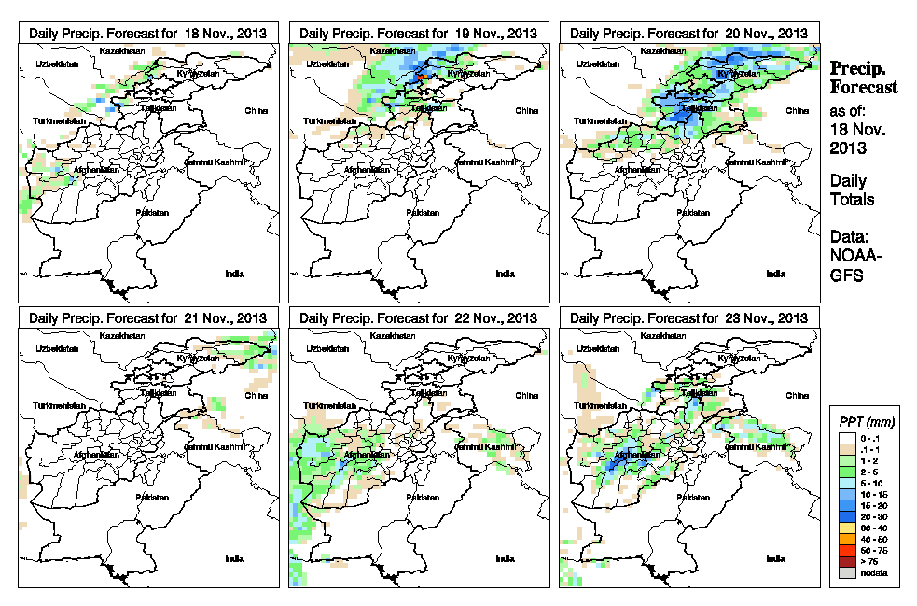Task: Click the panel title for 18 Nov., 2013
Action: click(x=148, y=33)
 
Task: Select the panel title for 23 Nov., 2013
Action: click(x=689, y=318)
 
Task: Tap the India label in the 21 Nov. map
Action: click(x=235, y=558)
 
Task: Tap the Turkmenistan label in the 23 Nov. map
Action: click(x=601, y=407)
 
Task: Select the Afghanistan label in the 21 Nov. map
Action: click(x=97, y=456)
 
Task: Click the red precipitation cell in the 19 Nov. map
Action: click(x=422, y=76)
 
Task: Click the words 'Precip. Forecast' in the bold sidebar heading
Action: click(x=864, y=78)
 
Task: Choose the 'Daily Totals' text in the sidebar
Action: click(x=852, y=190)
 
